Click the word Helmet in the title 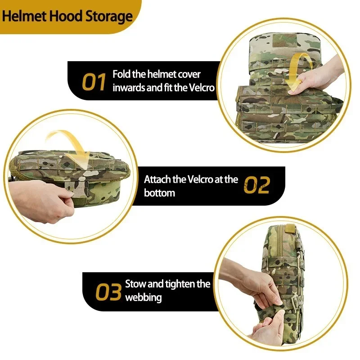(24, 16)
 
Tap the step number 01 (94, 81)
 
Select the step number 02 (256, 185)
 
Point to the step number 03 (108, 292)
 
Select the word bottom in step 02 (159, 193)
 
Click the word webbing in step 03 (144, 298)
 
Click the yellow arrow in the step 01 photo (298, 71)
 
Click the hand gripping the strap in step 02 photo (41, 202)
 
